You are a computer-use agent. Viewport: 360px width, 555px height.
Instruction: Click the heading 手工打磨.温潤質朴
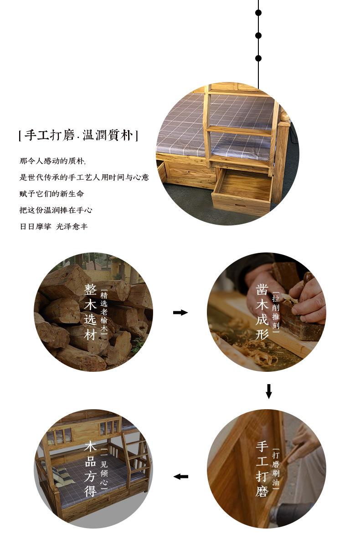[x=78, y=135]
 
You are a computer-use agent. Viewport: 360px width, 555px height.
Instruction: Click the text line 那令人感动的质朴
[x=52, y=161]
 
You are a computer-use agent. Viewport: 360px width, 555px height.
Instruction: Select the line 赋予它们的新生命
[x=51, y=194]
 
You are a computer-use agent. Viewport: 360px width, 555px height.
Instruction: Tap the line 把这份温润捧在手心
[x=56, y=210]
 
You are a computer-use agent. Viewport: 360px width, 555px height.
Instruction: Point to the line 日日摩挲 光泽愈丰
[x=53, y=226]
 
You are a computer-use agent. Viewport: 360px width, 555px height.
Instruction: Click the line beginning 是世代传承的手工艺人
[x=84, y=177]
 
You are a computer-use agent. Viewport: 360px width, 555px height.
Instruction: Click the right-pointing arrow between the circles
[x=180, y=312]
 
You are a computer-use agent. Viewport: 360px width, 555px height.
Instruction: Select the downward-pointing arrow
[x=268, y=391]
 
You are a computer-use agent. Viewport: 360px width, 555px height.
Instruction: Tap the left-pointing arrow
[x=180, y=477]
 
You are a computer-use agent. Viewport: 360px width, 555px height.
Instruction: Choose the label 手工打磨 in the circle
[x=262, y=469]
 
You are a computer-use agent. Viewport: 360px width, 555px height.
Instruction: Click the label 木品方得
[x=90, y=469]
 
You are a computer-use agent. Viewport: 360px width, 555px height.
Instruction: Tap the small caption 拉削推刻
[x=276, y=312]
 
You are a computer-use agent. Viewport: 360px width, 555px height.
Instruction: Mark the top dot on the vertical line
[x=258, y=13]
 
